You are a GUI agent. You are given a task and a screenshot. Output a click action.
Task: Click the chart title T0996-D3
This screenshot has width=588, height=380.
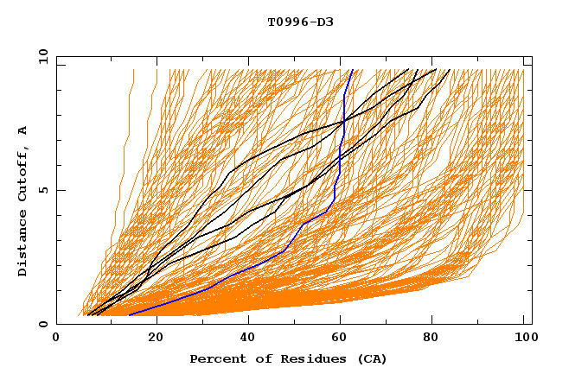(300, 22)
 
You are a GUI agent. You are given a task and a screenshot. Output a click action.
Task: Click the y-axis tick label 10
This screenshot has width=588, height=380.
(42, 57)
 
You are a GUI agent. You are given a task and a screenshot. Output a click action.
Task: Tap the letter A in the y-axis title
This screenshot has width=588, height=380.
(23, 130)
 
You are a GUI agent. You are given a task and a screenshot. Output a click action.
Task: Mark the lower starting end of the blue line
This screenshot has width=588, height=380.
(129, 314)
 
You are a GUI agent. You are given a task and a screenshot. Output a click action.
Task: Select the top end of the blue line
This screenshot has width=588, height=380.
(352, 70)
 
